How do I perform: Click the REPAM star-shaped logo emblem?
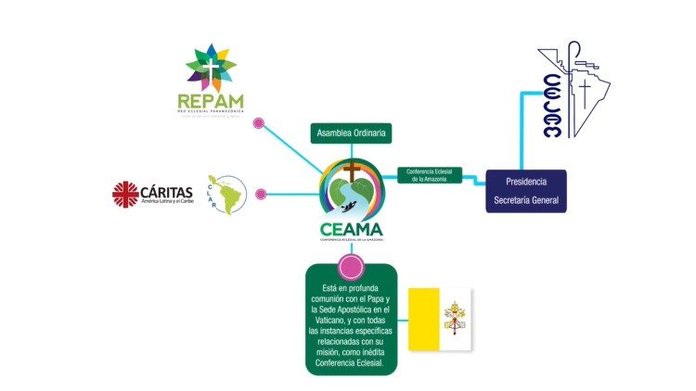click(x=212, y=67)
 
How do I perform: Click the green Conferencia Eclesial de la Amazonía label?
click(x=429, y=174)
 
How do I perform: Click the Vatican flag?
click(x=441, y=319)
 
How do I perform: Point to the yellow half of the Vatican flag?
click(x=425, y=319)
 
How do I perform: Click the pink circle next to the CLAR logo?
click(x=261, y=195)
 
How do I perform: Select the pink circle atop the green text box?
click(x=351, y=268)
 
